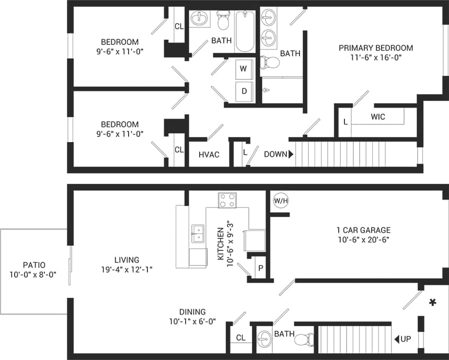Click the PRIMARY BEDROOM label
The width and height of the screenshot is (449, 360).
375,48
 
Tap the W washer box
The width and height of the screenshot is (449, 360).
244,68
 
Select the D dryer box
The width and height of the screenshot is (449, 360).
244,91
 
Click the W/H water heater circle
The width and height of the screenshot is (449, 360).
280,200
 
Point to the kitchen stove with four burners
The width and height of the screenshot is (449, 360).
227,200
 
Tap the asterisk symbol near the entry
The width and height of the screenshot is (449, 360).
432,302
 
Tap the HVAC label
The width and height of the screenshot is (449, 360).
209,155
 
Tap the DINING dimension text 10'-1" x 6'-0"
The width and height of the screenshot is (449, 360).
192,321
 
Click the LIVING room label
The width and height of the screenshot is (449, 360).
126,260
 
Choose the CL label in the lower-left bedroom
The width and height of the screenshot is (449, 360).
179,150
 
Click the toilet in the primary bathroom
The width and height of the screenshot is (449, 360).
270,63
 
